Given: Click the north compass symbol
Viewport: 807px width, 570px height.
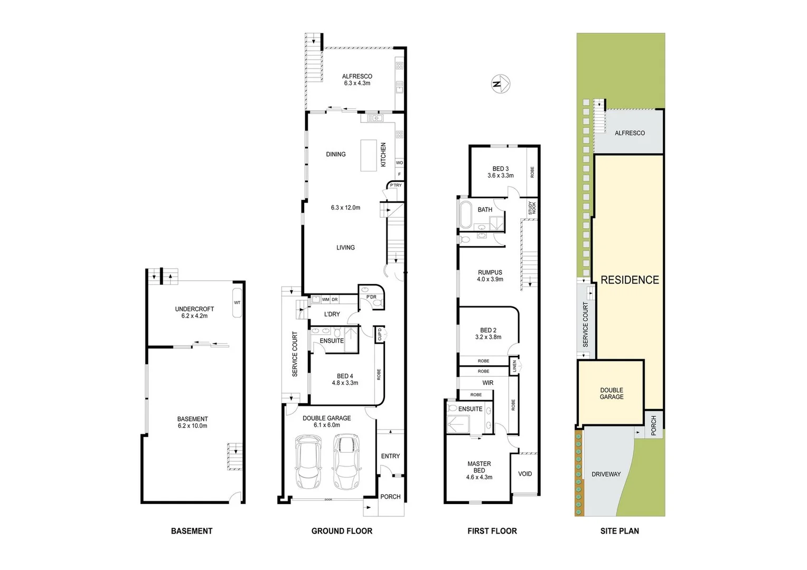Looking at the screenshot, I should [x=501, y=84].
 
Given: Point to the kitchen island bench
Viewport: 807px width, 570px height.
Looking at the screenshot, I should [x=369, y=155].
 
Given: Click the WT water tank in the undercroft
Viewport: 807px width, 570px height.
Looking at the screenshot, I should [x=237, y=303].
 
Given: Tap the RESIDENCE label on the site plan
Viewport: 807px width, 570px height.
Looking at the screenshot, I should [x=630, y=280].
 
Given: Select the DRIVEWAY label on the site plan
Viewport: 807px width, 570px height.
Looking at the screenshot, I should [x=606, y=474].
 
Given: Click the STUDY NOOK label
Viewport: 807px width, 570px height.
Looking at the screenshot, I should [x=532, y=208].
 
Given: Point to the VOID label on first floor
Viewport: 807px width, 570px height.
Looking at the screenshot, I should [x=525, y=474].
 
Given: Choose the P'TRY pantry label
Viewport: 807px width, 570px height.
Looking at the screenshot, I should [x=396, y=185].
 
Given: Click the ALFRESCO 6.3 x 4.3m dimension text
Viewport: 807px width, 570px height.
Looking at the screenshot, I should [x=357, y=83].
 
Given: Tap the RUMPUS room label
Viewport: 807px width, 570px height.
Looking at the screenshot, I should [x=490, y=273].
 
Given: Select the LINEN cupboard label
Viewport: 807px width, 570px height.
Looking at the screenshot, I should [x=514, y=366].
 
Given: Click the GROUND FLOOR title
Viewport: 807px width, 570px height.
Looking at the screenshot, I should [x=342, y=531].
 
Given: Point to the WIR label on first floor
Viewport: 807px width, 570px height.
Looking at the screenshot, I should [x=487, y=383].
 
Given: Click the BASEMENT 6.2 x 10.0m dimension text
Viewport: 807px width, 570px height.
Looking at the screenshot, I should [x=192, y=426].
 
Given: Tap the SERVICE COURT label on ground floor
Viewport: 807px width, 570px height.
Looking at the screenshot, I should [x=295, y=354].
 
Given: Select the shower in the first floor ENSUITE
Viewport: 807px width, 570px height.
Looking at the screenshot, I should [x=457, y=424].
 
